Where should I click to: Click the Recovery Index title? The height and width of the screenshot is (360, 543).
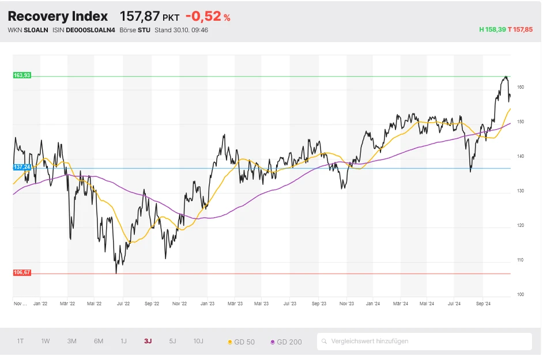(58, 16)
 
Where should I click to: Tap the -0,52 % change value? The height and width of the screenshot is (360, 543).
(208, 17)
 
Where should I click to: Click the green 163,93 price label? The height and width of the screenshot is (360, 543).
(22, 75)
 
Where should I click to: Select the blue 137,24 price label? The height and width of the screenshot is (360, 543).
(22, 166)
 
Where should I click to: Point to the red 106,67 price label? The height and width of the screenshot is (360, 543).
(22, 272)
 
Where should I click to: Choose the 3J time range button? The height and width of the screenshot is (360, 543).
(148, 342)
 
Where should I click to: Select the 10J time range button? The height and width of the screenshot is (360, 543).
(198, 342)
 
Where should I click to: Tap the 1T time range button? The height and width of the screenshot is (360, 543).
(20, 342)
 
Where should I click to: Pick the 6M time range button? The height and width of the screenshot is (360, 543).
(99, 342)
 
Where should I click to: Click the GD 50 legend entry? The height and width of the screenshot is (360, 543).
(242, 342)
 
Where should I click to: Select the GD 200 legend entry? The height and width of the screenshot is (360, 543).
(285, 342)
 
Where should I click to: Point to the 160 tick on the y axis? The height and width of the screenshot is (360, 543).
(521, 88)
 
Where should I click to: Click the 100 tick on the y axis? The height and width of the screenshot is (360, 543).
(521, 294)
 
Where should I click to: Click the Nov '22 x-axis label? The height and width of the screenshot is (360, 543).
(180, 303)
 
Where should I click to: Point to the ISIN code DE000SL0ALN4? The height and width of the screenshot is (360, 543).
(90, 30)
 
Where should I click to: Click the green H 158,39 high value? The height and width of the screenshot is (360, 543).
(492, 29)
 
